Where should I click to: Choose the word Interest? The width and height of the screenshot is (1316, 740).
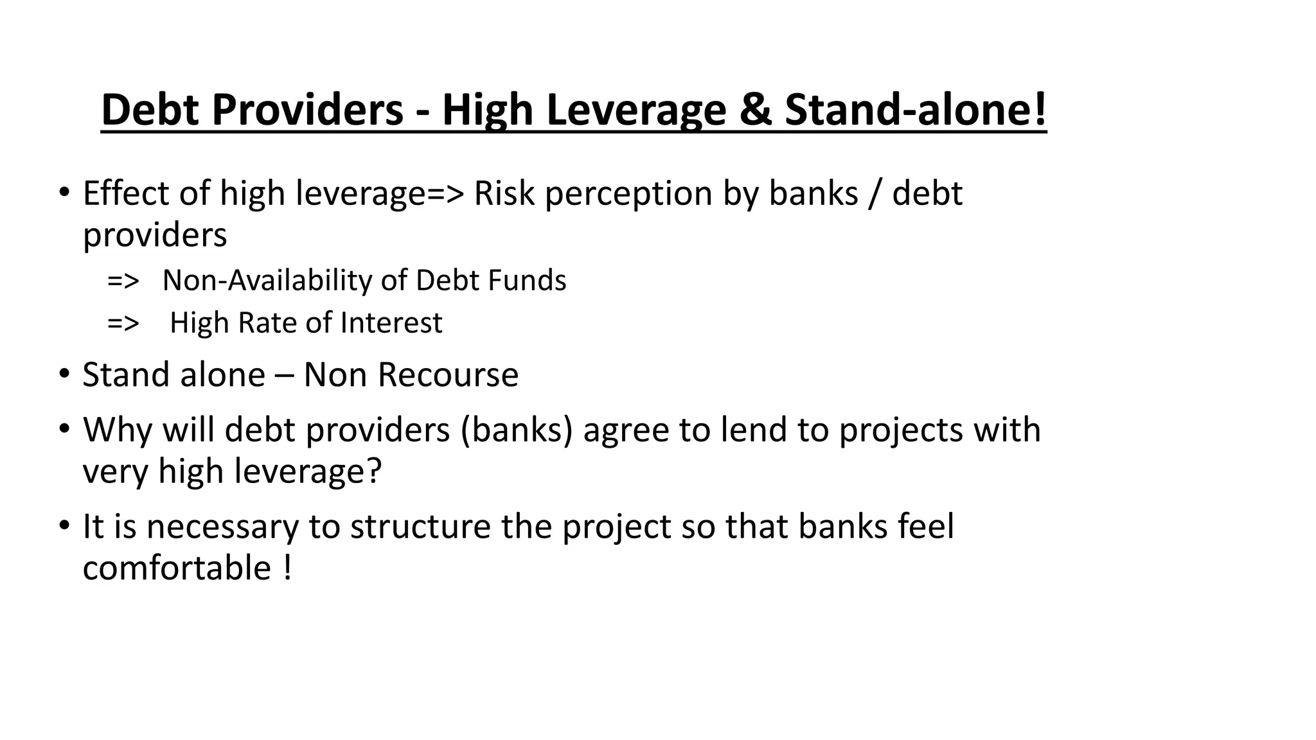click(x=391, y=322)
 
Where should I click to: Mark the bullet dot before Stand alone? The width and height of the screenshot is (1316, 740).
click(x=64, y=373)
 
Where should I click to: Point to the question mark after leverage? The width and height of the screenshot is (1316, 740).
click(x=373, y=471)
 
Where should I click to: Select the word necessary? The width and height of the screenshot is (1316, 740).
click(x=222, y=527)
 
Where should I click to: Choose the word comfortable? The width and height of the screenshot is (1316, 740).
click(x=177, y=568)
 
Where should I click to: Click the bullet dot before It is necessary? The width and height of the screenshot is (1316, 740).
click(x=64, y=525)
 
